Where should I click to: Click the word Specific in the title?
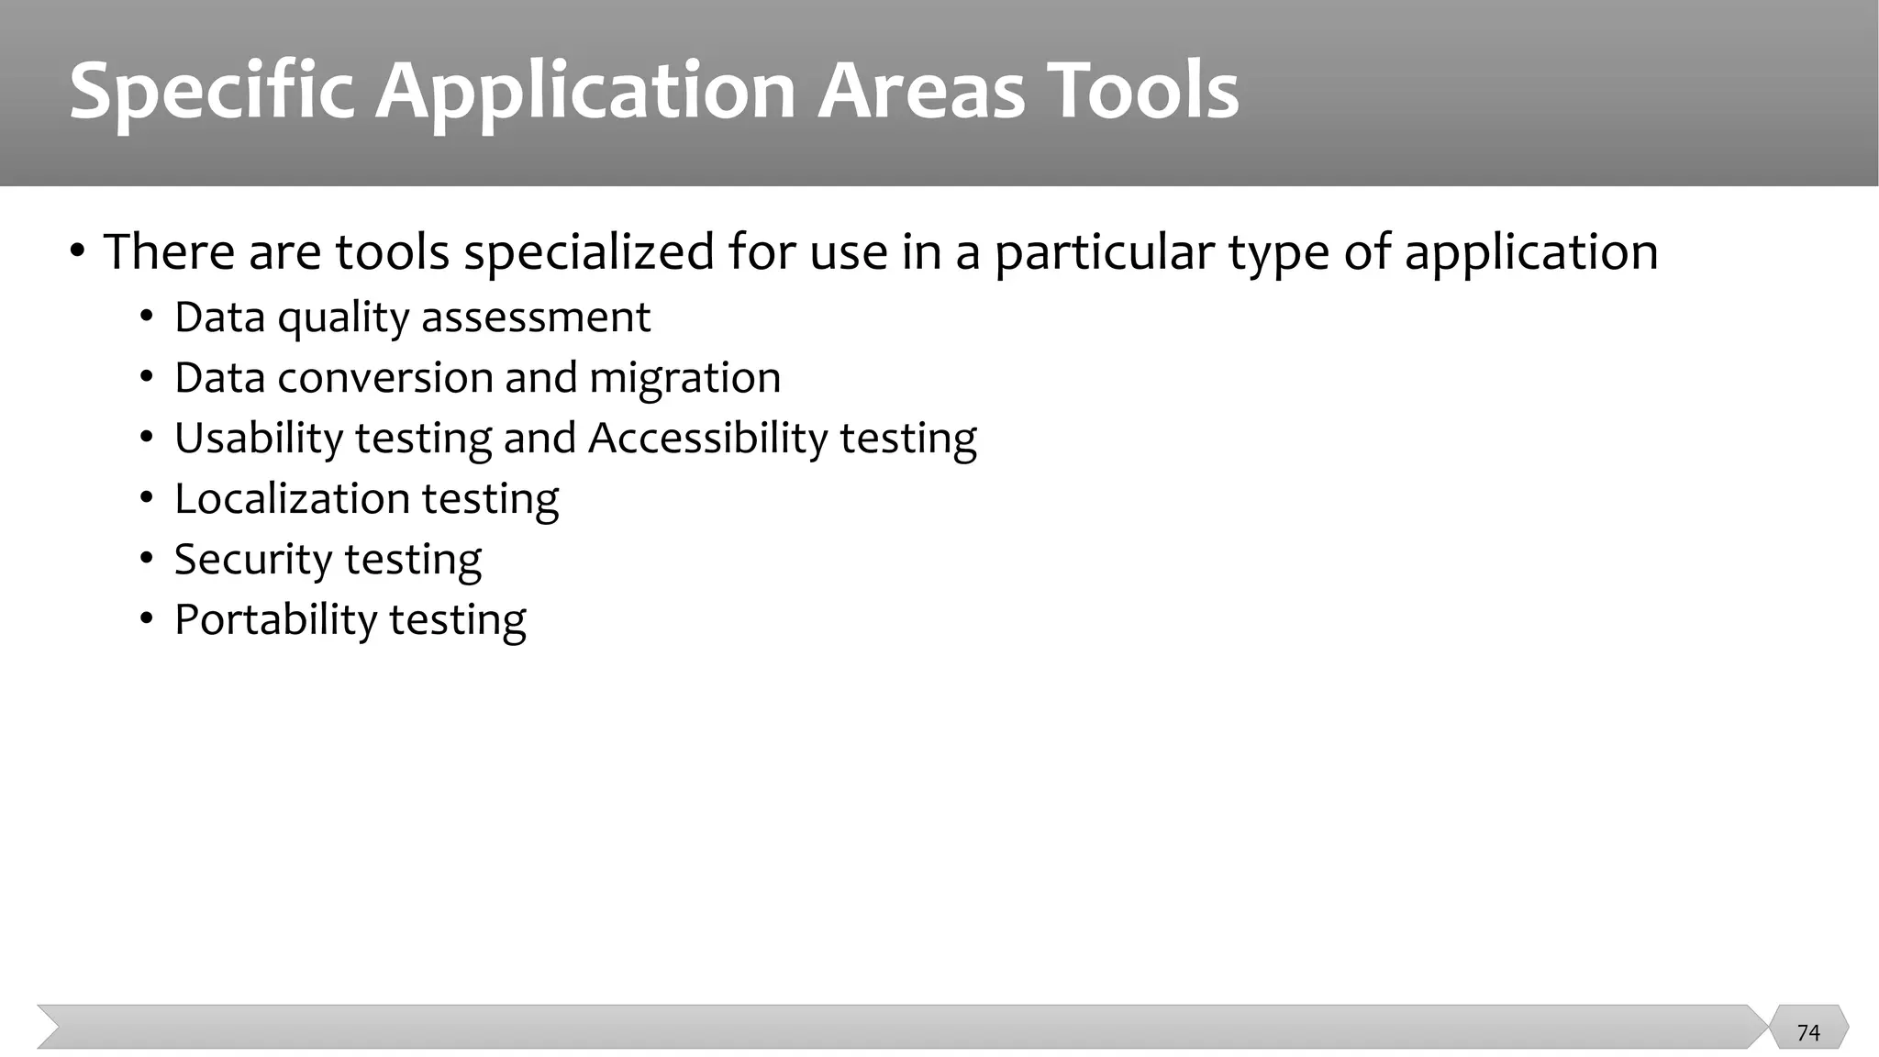[212, 92]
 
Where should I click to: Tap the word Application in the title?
[585, 92]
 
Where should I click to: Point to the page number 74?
[1807, 1032]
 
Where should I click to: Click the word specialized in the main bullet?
[588, 252]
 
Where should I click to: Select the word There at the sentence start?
[166, 252]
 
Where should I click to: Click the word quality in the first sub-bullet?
[343, 318]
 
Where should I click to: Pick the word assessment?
[535, 318]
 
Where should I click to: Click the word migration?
[684, 378]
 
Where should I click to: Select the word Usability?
[259, 439]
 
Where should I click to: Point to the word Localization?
[292, 499]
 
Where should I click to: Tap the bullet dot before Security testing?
[147, 559]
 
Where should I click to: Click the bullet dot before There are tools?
[78, 250]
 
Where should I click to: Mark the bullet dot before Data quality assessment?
[147, 317]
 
